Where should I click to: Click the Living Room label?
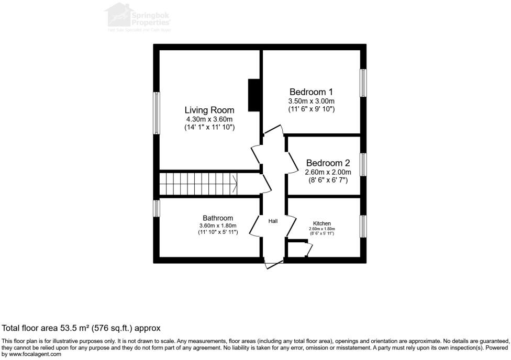209,110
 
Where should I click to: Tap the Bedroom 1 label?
311,92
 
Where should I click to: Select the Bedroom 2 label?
328,163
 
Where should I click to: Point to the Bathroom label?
218,218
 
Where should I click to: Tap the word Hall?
273,221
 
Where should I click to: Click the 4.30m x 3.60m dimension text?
209,119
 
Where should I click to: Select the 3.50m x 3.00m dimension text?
311,101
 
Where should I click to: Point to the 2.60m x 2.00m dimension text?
328,172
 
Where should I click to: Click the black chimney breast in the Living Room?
254,95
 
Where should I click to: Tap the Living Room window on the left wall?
156,113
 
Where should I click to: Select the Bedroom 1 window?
363,82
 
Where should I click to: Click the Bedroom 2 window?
363,164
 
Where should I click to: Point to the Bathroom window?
156,208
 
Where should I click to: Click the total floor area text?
81,328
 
